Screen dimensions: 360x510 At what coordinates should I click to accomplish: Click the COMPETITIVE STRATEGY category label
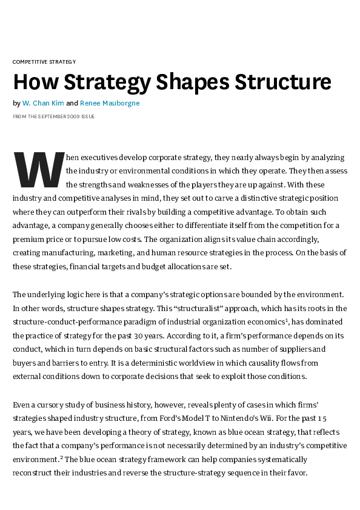coord(44,62)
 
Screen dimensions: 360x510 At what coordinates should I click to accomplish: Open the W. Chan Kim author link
coord(43,103)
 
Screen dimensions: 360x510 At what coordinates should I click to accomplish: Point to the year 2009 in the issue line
coord(70,116)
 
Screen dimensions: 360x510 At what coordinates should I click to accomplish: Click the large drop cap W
coord(38,169)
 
